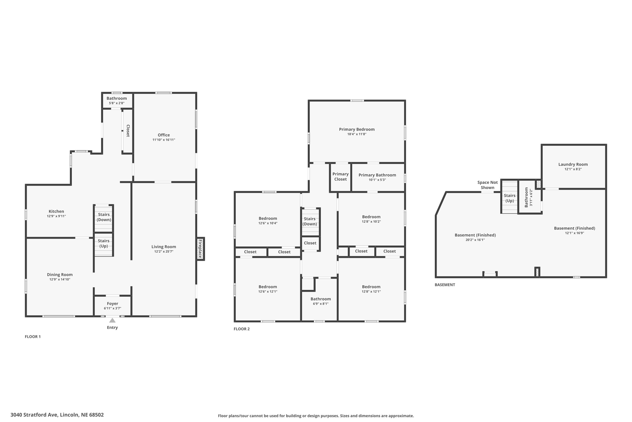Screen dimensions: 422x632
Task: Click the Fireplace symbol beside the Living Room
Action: click(200, 249)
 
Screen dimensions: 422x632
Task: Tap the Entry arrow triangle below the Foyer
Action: click(112, 321)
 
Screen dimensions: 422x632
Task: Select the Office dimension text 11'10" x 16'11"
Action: click(164, 140)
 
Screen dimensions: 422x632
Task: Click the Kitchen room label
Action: click(56, 211)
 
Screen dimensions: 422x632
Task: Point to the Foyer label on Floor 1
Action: click(112, 304)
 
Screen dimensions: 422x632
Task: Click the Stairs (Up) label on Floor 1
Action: click(104, 243)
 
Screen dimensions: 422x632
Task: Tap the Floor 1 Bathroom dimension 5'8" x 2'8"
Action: click(117, 103)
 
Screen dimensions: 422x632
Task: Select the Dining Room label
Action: click(60, 275)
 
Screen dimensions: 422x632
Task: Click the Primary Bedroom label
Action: click(357, 129)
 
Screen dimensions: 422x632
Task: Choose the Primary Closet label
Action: click(340, 177)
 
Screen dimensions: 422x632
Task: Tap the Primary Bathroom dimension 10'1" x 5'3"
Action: click(377, 180)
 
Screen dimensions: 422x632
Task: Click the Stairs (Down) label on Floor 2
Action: click(310, 221)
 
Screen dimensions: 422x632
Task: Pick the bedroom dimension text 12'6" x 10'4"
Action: click(268, 223)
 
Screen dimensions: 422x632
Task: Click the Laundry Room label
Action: click(573, 164)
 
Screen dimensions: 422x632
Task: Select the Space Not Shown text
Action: click(488, 185)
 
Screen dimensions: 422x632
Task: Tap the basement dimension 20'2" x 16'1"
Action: click(475, 240)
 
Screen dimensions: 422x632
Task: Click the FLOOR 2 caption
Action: click(242, 329)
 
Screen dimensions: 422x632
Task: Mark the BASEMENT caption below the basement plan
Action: click(445, 285)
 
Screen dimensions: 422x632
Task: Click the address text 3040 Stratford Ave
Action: click(34, 415)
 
